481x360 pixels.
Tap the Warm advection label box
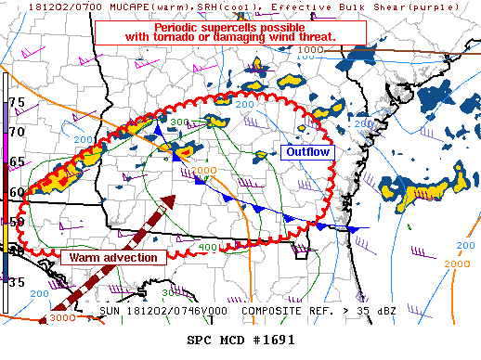coord(114,257)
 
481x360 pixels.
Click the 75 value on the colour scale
coord(16,102)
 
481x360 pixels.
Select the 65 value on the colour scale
coord(16,162)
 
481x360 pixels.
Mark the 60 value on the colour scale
coord(16,192)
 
